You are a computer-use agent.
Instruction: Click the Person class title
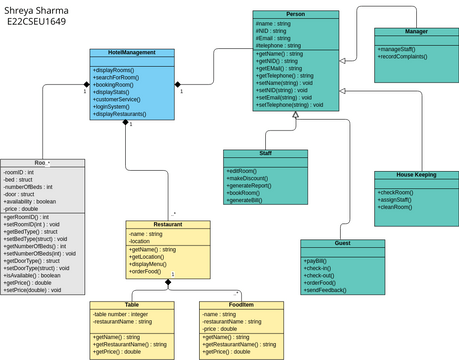click(295, 14)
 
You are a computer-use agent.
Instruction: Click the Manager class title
click(416, 32)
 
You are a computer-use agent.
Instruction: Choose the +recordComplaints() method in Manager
click(408, 56)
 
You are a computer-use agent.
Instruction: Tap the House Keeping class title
click(416, 174)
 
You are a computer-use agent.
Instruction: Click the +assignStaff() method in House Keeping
click(402, 199)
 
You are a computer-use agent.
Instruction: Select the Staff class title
click(265, 153)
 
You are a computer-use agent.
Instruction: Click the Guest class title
click(343, 244)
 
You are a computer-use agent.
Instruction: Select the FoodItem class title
click(233, 304)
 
